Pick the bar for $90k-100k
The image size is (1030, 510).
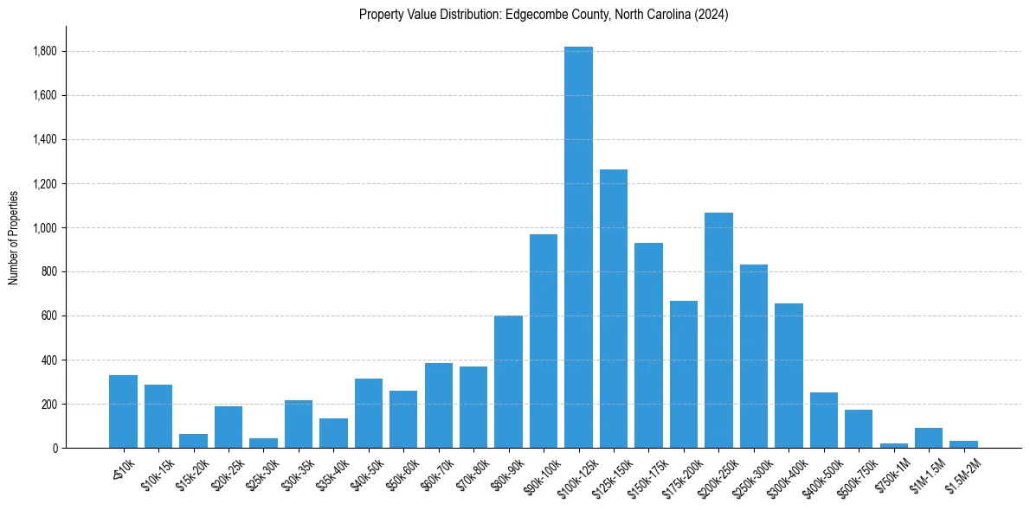pyautogui.click(x=544, y=341)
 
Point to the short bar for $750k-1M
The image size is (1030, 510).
pyautogui.click(x=893, y=445)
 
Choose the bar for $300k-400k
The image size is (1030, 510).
pyautogui.click(x=789, y=375)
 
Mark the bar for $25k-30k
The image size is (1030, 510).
pyautogui.click(x=263, y=443)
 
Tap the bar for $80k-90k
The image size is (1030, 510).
pyautogui.click(x=508, y=381)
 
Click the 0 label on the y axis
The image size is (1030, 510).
pyautogui.click(x=55, y=449)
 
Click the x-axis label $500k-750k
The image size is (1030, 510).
pyautogui.click(x=857, y=475)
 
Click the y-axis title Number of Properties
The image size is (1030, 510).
pyautogui.click(x=13, y=237)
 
